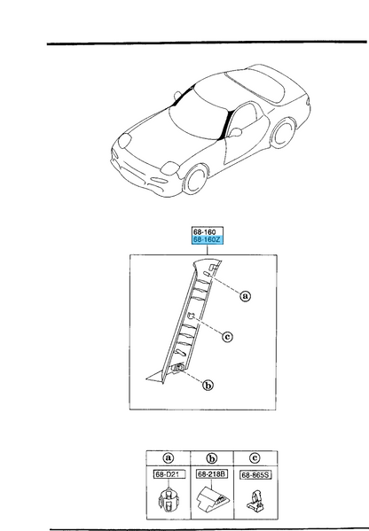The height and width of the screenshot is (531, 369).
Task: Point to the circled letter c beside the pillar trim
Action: [227, 337]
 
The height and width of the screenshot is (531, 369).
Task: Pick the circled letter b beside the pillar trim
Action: [208, 385]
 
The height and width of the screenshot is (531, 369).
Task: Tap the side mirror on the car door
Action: [236, 132]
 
